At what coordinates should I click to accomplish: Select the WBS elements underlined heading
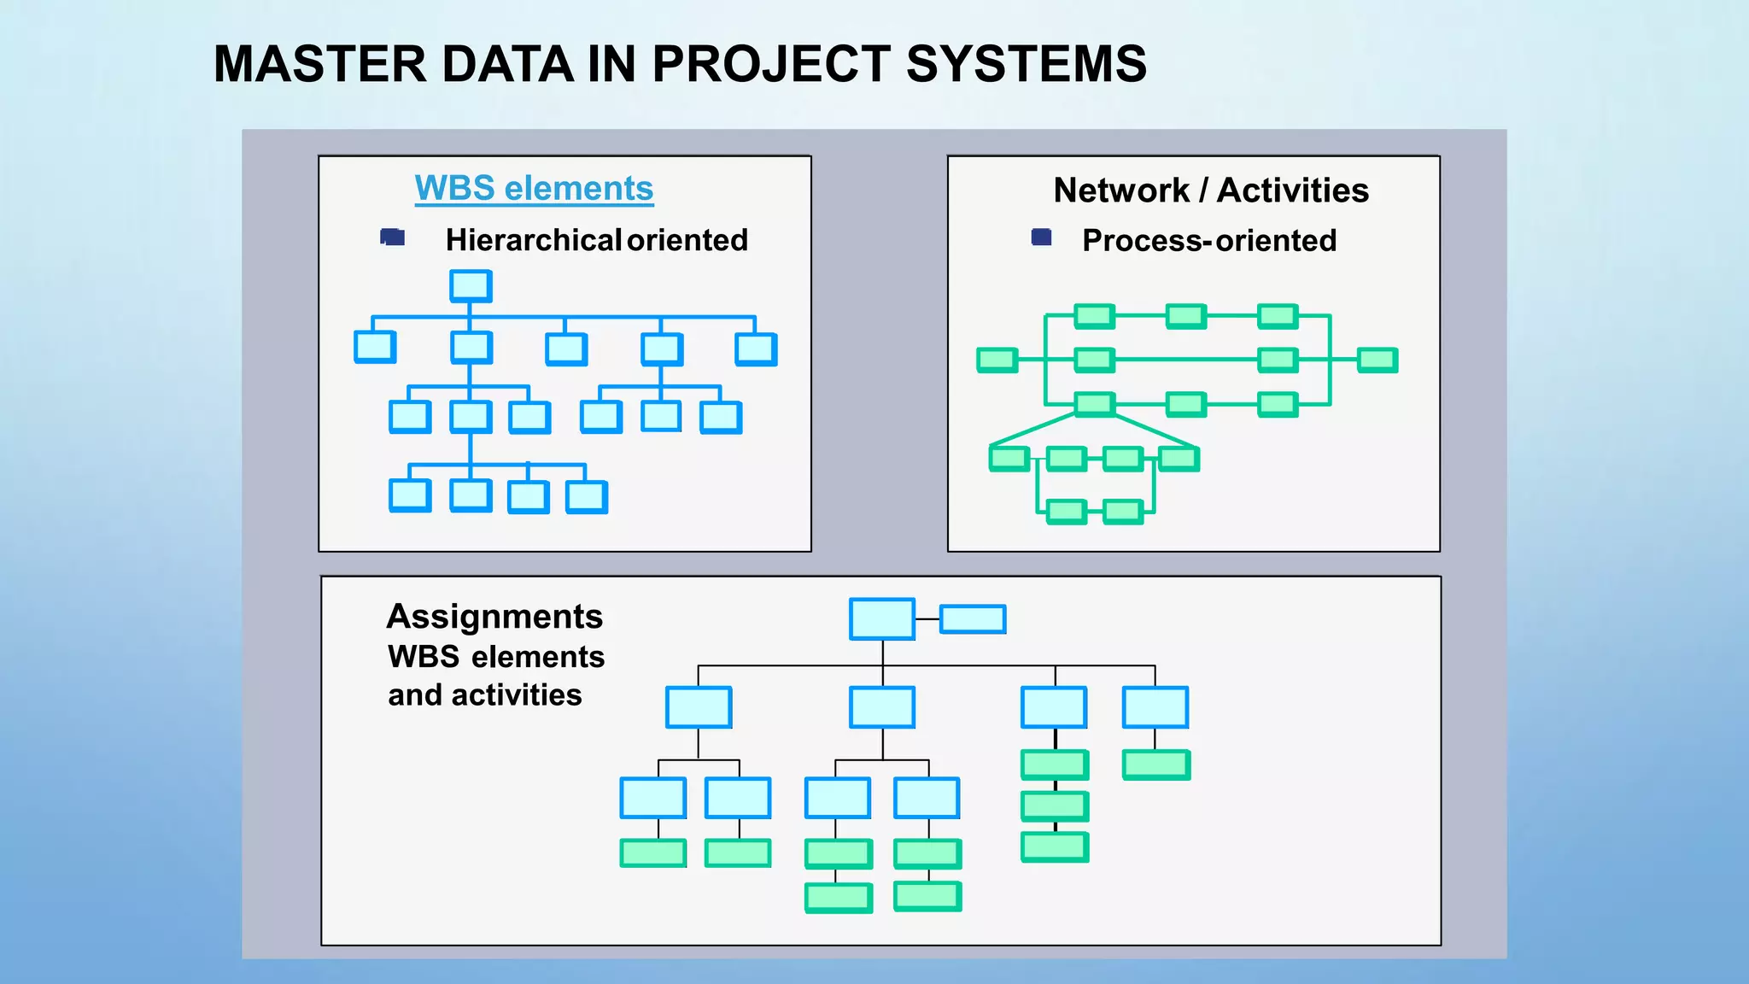click(x=534, y=188)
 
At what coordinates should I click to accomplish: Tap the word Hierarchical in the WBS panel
click(x=534, y=240)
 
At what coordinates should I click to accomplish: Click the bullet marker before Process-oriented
click(x=1041, y=237)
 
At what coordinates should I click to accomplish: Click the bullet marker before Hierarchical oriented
click(x=393, y=237)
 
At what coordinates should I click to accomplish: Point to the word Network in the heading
click(x=1120, y=190)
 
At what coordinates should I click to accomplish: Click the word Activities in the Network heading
click(x=1293, y=190)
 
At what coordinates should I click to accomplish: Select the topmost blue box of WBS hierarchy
click(x=471, y=286)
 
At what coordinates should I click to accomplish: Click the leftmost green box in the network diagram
click(x=997, y=360)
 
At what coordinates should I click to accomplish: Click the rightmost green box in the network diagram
click(x=1377, y=360)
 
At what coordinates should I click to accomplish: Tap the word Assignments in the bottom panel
click(x=494, y=616)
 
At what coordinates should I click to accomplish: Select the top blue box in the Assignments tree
click(x=882, y=618)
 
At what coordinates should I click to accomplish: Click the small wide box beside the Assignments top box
click(x=973, y=618)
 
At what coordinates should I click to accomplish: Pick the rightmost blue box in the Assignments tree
click(x=1155, y=707)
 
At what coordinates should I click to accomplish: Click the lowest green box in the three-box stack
click(x=1055, y=846)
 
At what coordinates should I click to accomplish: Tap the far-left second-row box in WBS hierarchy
click(x=375, y=348)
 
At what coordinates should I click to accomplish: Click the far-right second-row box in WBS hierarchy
click(x=756, y=349)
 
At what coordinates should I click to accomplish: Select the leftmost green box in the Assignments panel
click(x=652, y=852)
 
